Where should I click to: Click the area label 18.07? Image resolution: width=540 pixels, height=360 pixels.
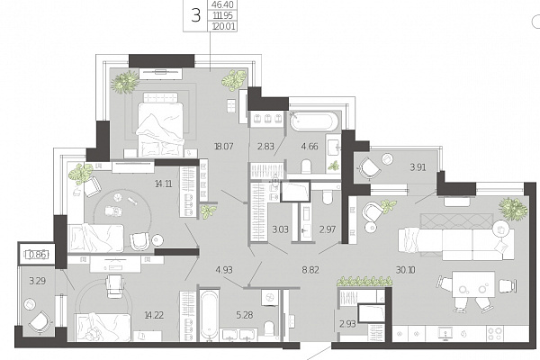pyautogui.click(x=224, y=147)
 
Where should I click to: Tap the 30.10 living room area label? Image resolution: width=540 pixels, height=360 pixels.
pyautogui.click(x=405, y=270)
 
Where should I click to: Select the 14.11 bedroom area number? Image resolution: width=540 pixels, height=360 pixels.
pyautogui.click(x=164, y=184)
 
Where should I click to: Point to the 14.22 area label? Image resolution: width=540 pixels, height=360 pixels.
pyautogui.click(x=154, y=315)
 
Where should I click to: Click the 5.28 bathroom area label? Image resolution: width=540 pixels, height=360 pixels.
pyautogui.click(x=245, y=314)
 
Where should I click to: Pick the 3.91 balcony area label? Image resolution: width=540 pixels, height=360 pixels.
pyautogui.click(x=418, y=167)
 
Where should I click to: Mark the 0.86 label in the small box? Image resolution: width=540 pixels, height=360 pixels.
pyautogui.click(x=37, y=255)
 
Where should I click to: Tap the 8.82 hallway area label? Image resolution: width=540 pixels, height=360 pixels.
pyautogui.click(x=310, y=270)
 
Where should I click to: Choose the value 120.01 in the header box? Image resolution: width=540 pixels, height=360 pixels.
pyautogui.click(x=223, y=26)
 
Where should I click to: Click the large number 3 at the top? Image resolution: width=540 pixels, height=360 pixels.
pyautogui.click(x=195, y=16)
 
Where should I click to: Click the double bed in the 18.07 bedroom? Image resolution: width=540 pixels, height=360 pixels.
pyautogui.click(x=160, y=125)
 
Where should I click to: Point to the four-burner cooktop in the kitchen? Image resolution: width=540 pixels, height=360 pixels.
pyautogui.click(x=495, y=333)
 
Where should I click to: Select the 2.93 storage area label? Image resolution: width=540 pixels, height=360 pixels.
pyautogui.click(x=347, y=324)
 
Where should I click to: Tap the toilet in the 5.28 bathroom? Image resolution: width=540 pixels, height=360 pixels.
pyautogui.click(x=270, y=328)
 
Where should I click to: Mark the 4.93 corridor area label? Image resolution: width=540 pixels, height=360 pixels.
pyautogui.click(x=224, y=270)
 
